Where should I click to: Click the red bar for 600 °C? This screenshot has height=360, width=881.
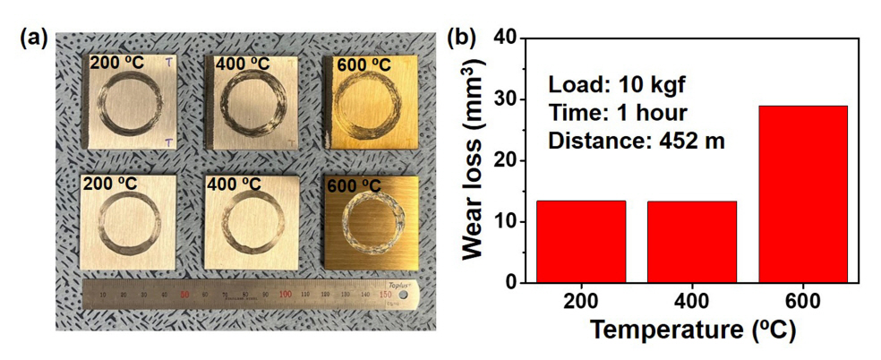coord(802,193)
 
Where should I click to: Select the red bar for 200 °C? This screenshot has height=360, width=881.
coord(580,241)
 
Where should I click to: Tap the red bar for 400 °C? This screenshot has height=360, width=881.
coord(691,241)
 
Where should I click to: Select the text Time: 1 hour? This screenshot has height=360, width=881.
coord(604,113)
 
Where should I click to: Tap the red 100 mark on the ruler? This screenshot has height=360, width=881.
coord(285,293)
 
